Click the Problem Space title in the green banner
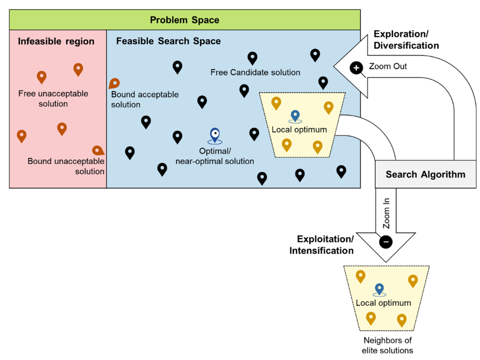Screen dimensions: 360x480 coord(185,20)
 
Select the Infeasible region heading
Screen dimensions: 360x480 coord(56,42)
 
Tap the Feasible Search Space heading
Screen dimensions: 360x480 coord(168,41)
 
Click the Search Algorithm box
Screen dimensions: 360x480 coord(425,175)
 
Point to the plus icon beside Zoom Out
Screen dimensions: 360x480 coord(357,68)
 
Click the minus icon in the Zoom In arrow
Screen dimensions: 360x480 coord(386,241)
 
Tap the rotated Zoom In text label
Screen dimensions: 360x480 coord(386,214)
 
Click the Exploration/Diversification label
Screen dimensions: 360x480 coord(406,39)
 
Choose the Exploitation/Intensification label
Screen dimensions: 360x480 coord(325,245)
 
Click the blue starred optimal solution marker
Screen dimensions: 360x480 coord(214,135)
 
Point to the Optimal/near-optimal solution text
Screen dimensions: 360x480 coord(214,157)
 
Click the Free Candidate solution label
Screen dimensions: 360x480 coord(255,72)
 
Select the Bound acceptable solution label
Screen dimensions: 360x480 coord(144,99)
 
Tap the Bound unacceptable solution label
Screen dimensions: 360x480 coord(66,166)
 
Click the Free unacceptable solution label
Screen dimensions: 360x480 coord(53,99)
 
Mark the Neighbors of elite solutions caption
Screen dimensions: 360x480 coord(387,345)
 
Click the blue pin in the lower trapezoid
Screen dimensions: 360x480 coord(379,289)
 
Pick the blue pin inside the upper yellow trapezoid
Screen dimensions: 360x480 coord(295,116)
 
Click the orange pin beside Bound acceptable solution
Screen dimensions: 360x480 coord(114,83)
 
